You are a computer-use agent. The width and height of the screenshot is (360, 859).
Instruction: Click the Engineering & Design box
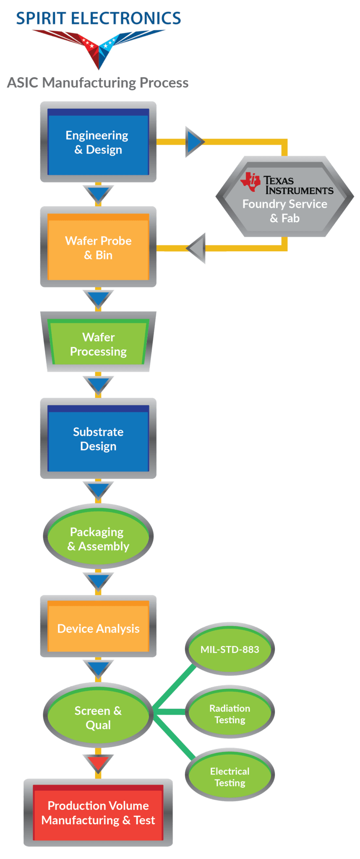98,142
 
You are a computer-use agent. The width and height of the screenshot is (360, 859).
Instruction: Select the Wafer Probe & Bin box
98,247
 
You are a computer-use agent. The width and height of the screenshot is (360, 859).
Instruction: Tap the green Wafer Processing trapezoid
98,344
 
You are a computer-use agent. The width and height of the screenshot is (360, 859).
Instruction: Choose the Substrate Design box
98,439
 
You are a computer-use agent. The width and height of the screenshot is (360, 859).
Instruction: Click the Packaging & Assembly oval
98,539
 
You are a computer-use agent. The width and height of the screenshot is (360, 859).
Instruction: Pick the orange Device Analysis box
98,628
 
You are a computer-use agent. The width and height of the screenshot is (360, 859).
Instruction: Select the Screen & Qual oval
98,717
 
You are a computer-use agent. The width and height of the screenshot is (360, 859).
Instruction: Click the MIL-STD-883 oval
230,649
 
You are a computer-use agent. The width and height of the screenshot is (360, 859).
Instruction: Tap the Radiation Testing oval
230,714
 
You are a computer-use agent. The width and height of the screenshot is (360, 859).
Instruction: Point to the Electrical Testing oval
230,777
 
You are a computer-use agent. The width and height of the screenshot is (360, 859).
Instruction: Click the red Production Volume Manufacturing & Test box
98,812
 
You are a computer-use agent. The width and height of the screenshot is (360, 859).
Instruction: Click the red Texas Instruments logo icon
251,182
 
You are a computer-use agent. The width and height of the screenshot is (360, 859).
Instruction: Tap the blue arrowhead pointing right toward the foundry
194,142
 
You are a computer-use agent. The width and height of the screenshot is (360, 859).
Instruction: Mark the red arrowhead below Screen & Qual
98,763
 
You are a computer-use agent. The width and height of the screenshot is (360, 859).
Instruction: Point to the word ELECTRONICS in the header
126,18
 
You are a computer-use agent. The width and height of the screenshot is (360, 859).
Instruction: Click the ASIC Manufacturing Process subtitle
98,83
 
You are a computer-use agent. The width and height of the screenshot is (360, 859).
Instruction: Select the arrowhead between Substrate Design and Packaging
98,490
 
